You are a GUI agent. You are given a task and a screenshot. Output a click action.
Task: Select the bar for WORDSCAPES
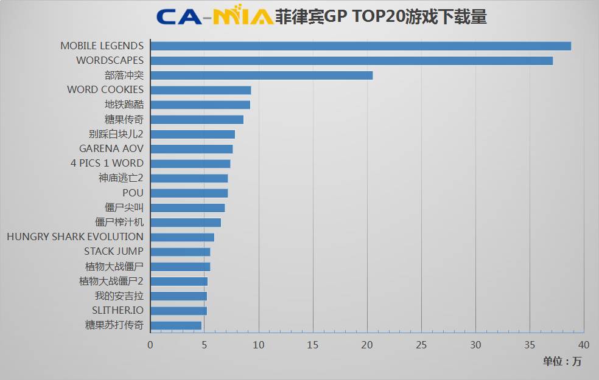351,61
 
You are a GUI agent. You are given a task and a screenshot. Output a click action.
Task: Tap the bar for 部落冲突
261,75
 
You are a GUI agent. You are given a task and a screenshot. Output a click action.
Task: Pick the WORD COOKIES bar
200,90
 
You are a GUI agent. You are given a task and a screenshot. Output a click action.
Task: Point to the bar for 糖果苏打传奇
176,325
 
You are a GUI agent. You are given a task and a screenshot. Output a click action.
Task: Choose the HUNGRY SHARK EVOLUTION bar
182,237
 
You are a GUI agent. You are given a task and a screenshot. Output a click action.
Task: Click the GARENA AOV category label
111,148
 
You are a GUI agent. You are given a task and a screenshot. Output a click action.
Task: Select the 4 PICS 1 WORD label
107,163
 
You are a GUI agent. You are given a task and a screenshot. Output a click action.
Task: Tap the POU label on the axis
133,193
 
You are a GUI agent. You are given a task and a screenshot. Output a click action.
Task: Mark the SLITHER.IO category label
117,311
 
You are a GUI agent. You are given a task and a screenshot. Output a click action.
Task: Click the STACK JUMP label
114,251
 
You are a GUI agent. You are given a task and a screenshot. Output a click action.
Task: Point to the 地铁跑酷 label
124,105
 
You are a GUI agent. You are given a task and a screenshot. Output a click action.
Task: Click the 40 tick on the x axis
584,345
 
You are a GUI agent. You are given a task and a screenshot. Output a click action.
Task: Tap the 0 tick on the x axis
150,345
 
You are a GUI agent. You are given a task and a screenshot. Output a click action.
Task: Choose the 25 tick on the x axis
421,345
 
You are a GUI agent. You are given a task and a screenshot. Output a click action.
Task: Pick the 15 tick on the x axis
313,345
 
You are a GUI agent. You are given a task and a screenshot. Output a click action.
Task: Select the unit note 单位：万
562,361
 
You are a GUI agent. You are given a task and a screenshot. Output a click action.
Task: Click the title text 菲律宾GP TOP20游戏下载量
381,16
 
